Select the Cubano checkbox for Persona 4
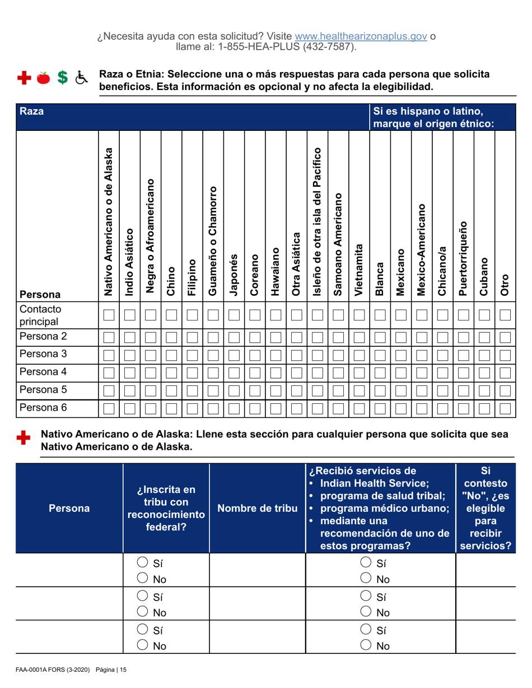(x=484, y=373)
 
